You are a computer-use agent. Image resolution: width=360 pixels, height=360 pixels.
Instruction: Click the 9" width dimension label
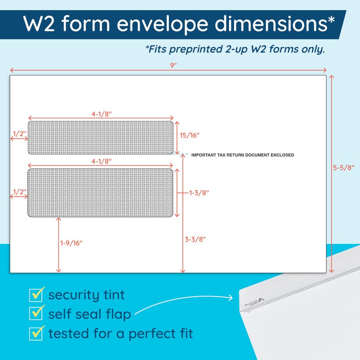tap(173, 65)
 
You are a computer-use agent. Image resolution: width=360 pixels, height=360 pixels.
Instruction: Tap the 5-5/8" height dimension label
tap(344, 167)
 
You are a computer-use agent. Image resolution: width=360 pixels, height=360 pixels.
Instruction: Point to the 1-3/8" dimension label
tap(199, 193)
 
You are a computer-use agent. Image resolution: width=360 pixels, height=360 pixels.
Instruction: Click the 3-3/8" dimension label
tap(195, 239)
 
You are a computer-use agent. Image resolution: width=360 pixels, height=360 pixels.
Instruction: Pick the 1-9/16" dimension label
tap(72, 243)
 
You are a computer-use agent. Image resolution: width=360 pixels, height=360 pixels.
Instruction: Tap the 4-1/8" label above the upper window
tap(101, 114)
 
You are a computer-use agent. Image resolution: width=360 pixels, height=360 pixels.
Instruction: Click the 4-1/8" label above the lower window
tap(101, 161)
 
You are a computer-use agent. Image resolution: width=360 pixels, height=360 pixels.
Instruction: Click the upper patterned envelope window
tap(101, 137)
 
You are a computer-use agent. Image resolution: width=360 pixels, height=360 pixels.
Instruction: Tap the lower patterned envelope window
tap(101, 193)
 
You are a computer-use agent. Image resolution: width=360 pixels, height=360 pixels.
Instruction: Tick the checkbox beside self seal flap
tap(36, 314)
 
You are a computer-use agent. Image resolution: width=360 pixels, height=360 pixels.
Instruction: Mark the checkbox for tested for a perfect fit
tap(36, 333)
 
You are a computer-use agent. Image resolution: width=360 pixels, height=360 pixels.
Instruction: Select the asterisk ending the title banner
tap(332, 20)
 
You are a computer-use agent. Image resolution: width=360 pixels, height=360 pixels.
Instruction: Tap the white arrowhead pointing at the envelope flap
tap(231, 297)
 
